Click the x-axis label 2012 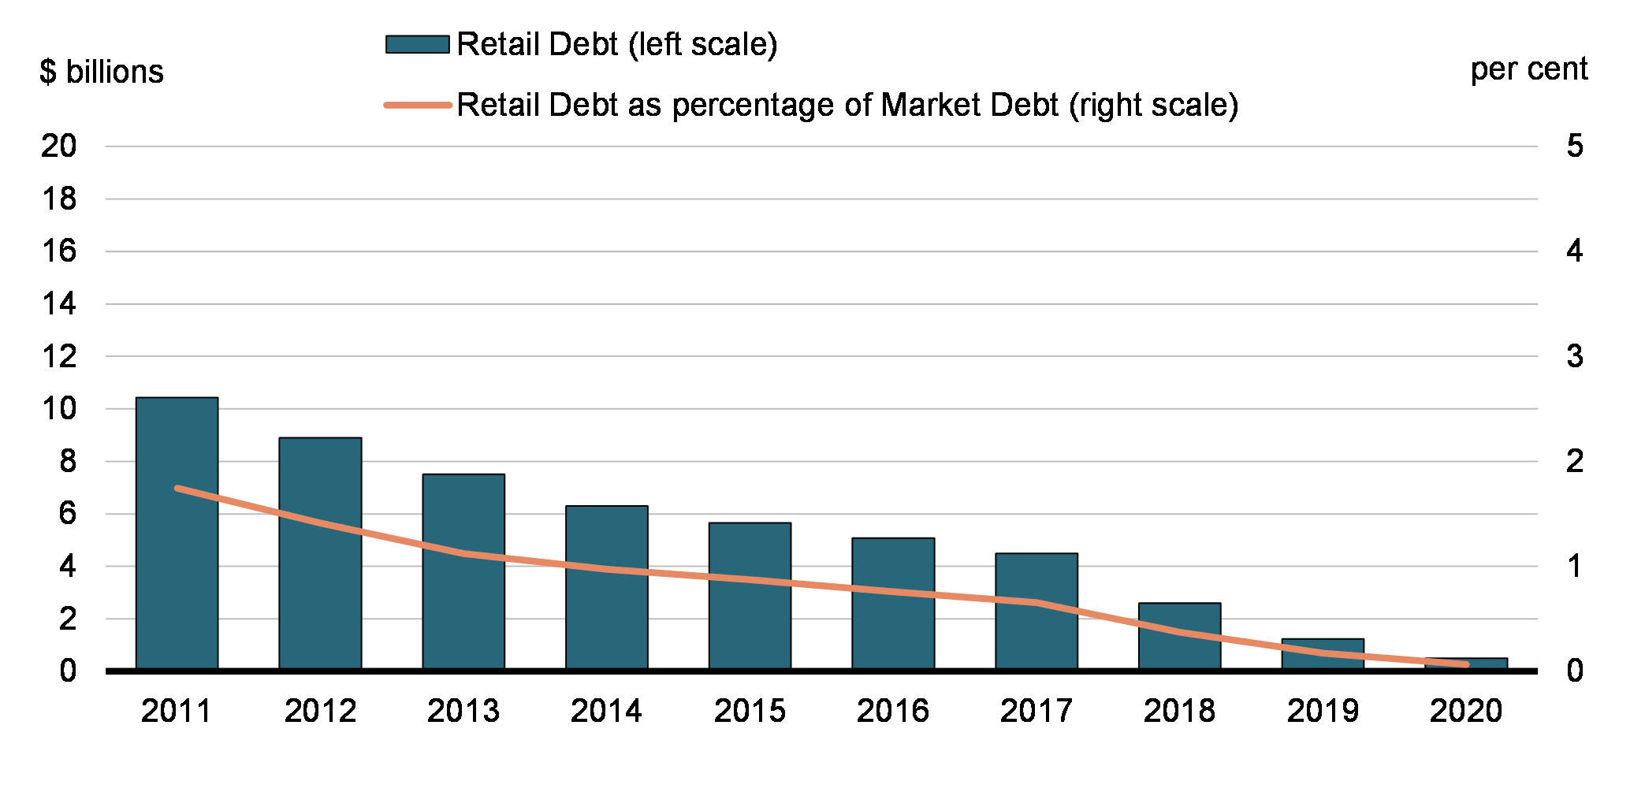[320, 711]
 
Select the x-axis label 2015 [750, 711]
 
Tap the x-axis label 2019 [1323, 711]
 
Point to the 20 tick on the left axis [59, 146]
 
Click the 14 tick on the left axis [59, 303]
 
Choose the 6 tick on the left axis [67, 514]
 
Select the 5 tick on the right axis [1574, 146]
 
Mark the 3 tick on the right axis [1574, 356]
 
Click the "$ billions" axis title [102, 72]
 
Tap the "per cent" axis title [1528, 69]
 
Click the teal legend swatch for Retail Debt [417, 44]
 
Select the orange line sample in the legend [417, 105]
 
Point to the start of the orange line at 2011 [177, 489]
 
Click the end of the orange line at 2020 [1466, 664]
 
